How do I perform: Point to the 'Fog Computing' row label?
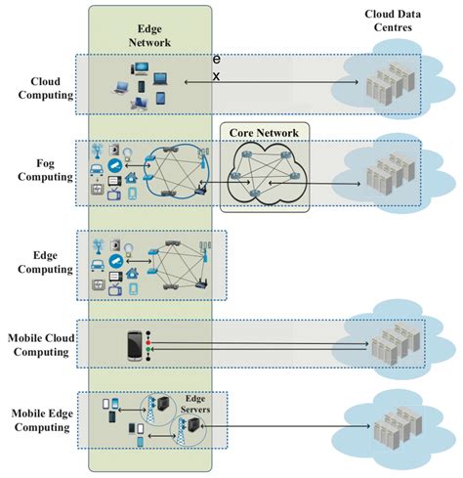[x=40, y=170]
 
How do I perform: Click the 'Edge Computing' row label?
[x=40, y=263]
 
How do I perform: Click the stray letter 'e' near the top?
[x=217, y=60]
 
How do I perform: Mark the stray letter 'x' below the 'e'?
[x=217, y=75]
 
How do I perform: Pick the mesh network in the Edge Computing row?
[x=178, y=266]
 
